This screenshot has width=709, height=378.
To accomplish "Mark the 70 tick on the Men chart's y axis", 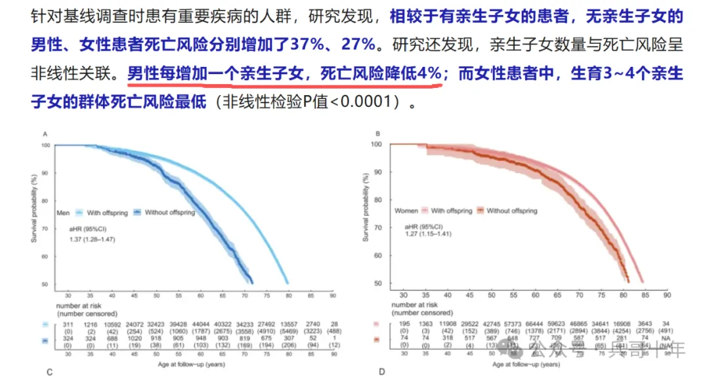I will pyautogui.click(x=45, y=228).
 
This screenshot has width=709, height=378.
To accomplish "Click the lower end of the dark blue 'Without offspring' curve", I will pyautogui.click(x=252, y=281).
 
